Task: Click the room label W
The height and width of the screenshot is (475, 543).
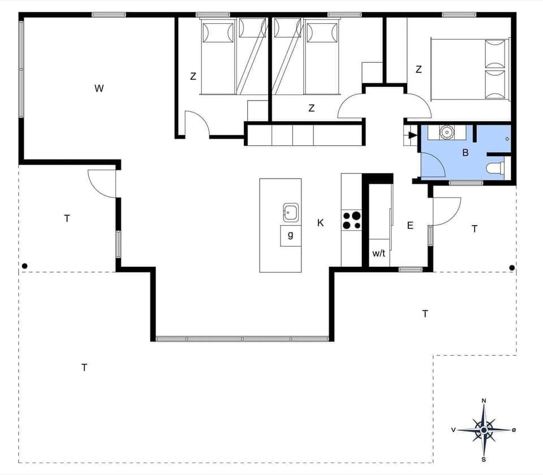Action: tap(99, 88)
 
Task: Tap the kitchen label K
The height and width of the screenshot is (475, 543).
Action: tap(321, 223)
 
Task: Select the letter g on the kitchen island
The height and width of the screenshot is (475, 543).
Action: tap(291, 235)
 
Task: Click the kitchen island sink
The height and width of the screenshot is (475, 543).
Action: tap(291, 213)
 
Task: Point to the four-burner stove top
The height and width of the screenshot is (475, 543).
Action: tap(351, 220)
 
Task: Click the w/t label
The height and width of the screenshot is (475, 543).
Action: tap(378, 253)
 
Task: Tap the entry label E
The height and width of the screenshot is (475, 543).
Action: tap(410, 226)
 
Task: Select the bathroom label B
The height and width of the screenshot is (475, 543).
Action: tap(466, 153)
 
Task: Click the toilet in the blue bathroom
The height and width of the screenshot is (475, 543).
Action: tap(495, 167)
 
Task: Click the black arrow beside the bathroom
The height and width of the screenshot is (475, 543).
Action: tap(412, 135)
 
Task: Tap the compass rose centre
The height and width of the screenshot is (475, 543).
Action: tap(484, 430)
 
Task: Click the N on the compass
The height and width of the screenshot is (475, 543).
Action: tap(484, 401)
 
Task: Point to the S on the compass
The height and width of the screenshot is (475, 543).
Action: tap(484, 459)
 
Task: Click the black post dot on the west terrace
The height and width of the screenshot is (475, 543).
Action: tap(24, 266)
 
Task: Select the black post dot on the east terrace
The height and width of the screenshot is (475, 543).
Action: tap(512, 267)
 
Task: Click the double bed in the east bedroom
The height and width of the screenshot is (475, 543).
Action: tap(469, 69)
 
